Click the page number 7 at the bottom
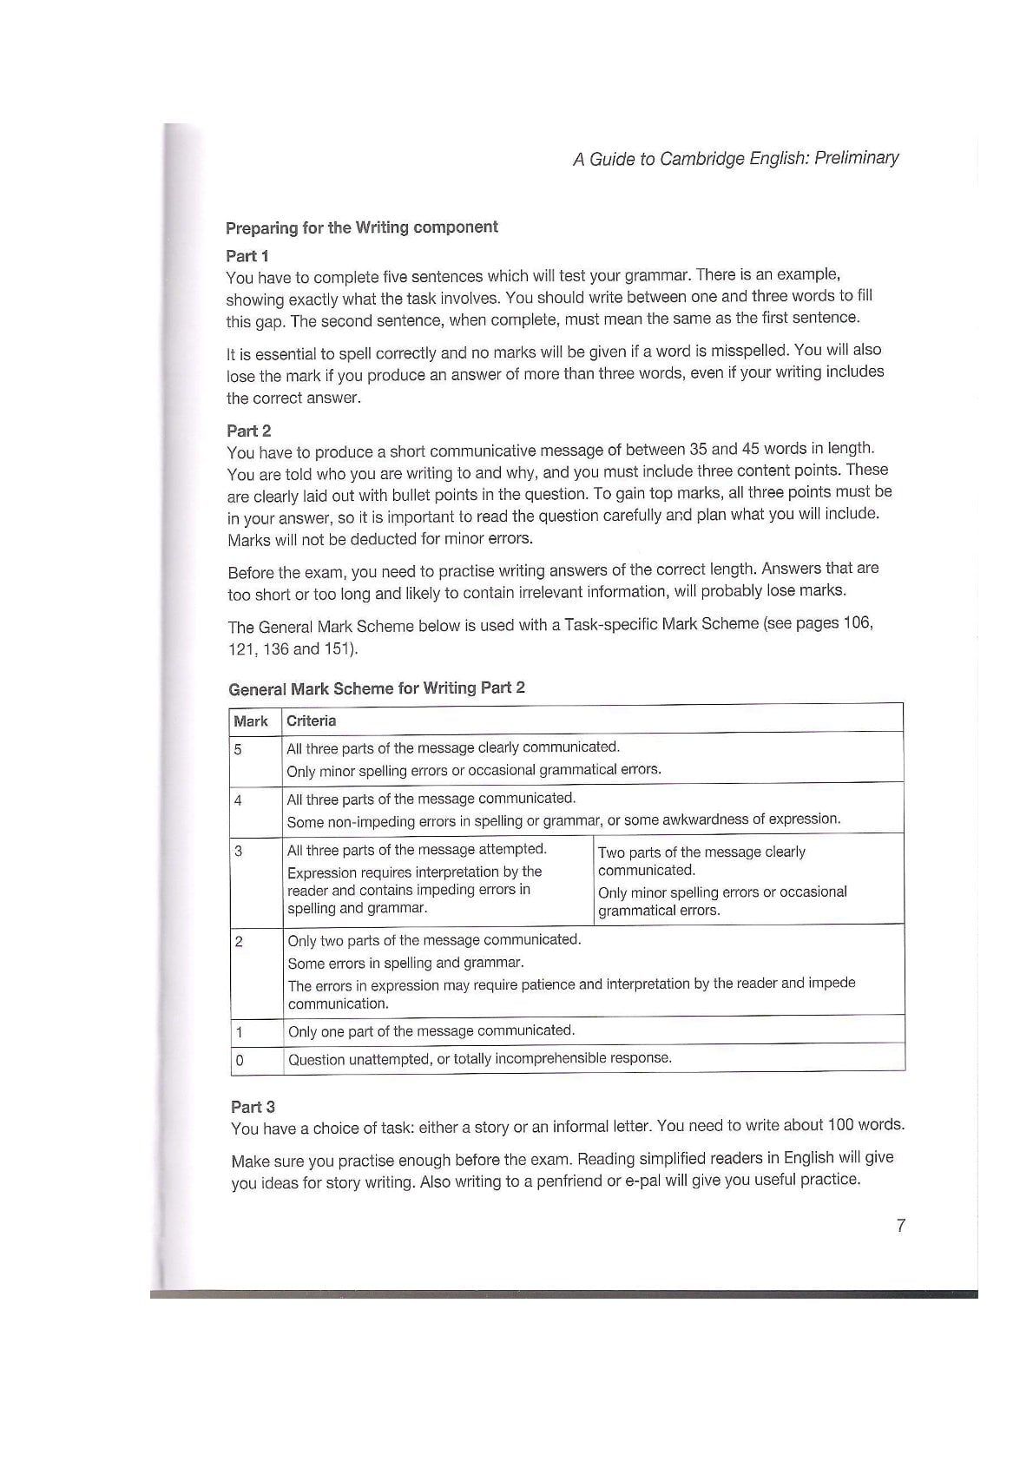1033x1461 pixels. tap(900, 1226)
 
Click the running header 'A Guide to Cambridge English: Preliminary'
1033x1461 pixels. tap(735, 159)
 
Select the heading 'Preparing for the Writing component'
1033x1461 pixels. tap(361, 227)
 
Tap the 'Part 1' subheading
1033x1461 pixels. tap(247, 256)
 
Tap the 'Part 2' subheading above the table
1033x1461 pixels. tap(249, 431)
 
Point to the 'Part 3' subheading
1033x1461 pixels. tap(253, 1107)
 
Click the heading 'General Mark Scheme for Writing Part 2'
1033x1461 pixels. tap(377, 688)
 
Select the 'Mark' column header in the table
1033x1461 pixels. tap(251, 721)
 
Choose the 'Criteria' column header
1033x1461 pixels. tap(311, 721)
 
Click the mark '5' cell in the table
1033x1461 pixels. tap(238, 749)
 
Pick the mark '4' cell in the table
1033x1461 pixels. tap(238, 800)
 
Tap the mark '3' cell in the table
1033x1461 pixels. tap(238, 852)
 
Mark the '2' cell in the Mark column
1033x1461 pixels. tap(239, 942)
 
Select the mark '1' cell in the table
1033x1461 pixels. tap(240, 1032)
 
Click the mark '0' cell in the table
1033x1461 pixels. tap(240, 1060)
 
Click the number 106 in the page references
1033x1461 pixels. tap(857, 623)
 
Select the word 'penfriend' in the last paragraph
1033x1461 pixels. tap(570, 1181)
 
